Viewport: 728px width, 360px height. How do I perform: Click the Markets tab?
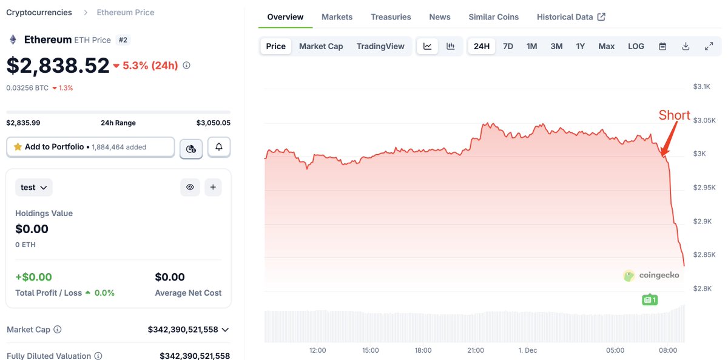pos(337,17)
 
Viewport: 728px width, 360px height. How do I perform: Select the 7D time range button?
pos(508,46)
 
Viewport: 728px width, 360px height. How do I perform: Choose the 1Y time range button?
pos(581,46)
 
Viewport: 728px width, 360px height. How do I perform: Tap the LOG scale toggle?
pos(636,46)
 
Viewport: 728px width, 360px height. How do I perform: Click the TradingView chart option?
pos(380,46)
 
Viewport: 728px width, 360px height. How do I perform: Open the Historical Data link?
pos(571,17)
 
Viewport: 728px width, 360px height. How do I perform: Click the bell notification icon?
pos(218,147)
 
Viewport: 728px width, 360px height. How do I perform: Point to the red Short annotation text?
pos(674,115)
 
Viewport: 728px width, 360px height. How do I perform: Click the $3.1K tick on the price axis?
pos(701,87)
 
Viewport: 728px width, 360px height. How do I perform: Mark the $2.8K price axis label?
pos(701,288)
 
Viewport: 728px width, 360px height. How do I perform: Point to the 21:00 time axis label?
pos(476,350)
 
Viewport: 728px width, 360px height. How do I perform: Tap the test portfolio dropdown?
pos(34,188)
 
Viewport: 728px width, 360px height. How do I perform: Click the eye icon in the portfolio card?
pos(190,188)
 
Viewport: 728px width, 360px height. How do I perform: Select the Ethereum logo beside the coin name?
pos(13,40)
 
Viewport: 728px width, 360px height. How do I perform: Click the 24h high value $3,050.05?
pos(213,123)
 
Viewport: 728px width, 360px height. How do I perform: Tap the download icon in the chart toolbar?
pos(686,46)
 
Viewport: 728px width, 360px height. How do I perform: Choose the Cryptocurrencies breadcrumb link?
pos(39,12)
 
